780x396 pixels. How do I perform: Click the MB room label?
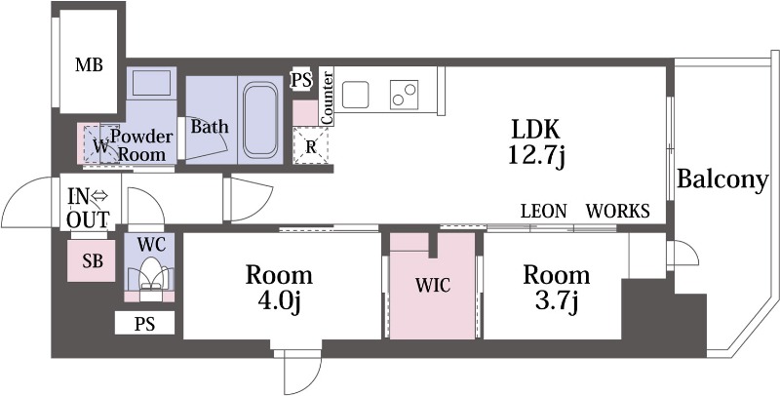point(89,64)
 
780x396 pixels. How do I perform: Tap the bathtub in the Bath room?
point(260,119)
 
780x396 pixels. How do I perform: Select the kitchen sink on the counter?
point(355,94)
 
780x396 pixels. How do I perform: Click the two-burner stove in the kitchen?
point(404,95)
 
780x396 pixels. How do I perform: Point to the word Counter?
point(328,98)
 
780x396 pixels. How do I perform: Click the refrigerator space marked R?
point(311,145)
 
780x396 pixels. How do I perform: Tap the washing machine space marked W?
point(101,144)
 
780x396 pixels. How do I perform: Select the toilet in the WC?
point(149,279)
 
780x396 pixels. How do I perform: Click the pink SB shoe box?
point(92,260)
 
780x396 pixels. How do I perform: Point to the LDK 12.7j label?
point(536,142)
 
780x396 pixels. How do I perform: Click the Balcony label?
point(722,180)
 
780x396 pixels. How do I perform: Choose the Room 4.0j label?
point(279,288)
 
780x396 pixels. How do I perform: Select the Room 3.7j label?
point(556,288)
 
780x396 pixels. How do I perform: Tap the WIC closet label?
point(432,286)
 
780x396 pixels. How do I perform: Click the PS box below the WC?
point(144,324)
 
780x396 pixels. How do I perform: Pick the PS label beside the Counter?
point(301,80)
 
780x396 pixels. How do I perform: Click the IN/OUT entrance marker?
point(88,208)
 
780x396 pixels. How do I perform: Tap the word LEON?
point(544,212)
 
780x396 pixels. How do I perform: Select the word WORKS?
point(617,212)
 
